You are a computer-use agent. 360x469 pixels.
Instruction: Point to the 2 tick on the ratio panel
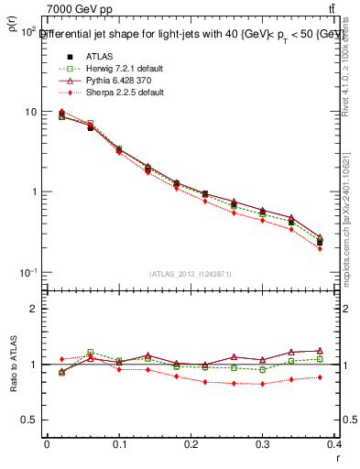34,309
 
